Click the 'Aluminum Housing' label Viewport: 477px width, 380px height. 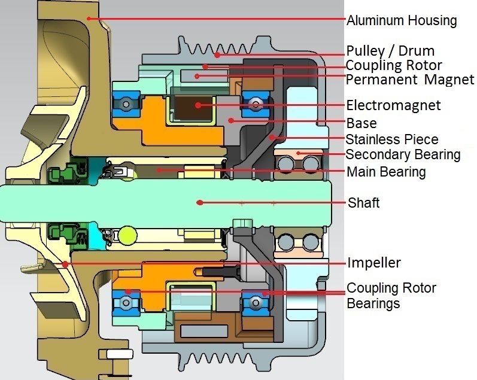pos(402,20)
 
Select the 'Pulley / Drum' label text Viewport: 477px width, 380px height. pos(390,50)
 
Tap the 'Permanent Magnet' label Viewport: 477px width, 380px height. pos(410,80)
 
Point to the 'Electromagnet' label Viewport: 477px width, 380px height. pos(393,106)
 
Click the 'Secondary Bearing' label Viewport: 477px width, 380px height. pos(403,154)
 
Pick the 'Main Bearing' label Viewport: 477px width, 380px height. pos(386,172)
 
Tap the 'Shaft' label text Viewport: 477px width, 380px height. pos(363,202)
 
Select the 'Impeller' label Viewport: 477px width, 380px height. pos(374,263)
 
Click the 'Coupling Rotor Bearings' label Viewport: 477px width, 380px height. pos(391,296)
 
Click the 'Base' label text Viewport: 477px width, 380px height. pos(361,124)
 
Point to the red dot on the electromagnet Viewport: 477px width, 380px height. pos(198,105)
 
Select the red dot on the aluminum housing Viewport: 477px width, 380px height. pos(89,19)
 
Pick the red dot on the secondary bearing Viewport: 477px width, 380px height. pos(298,153)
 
